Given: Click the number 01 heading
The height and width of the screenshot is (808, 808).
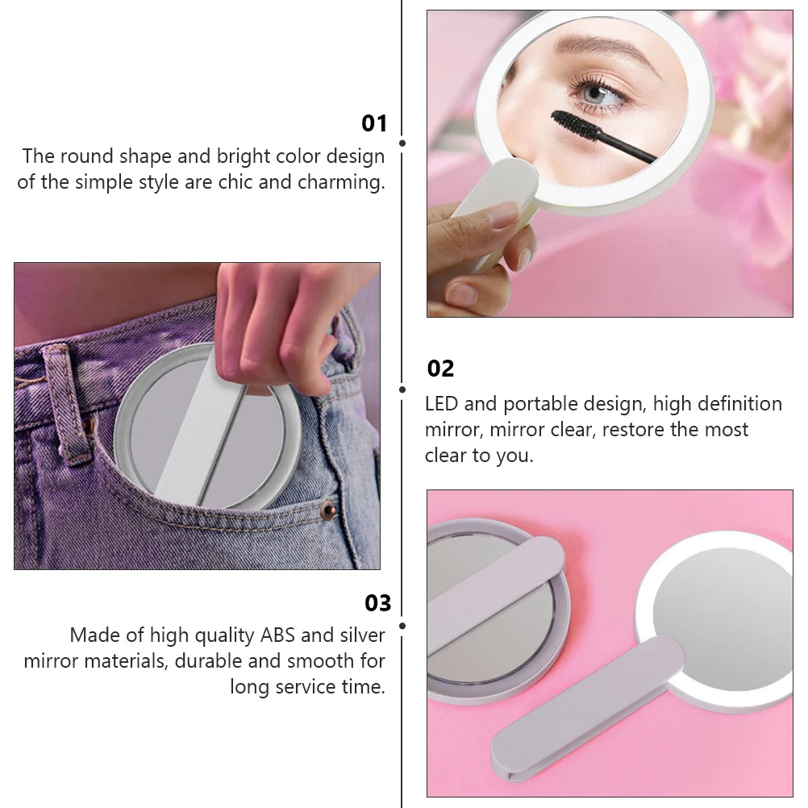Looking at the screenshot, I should pyautogui.click(x=374, y=123).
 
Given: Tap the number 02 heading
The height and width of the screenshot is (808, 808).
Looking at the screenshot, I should pyautogui.click(x=440, y=369).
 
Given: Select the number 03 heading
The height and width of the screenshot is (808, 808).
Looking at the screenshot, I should pyautogui.click(x=377, y=603).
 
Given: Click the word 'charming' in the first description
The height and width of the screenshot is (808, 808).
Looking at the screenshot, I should pyautogui.click(x=339, y=182).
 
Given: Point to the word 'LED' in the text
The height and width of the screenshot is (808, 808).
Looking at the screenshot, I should pyautogui.click(x=443, y=404).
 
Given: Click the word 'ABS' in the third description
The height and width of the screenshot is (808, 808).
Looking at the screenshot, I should pyautogui.click(x=278, y=635).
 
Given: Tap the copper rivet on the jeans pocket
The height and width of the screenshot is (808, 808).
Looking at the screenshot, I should pyautogui.click(x=328, y=509).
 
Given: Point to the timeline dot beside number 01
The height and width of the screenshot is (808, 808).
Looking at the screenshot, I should pyautogui.click(x=402, y=143).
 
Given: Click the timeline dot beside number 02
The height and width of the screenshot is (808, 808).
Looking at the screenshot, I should pyautogui.click(x=402, y=389).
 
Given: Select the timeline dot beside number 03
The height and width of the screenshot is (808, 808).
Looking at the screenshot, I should pyautogui.click(x=402, y=624).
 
